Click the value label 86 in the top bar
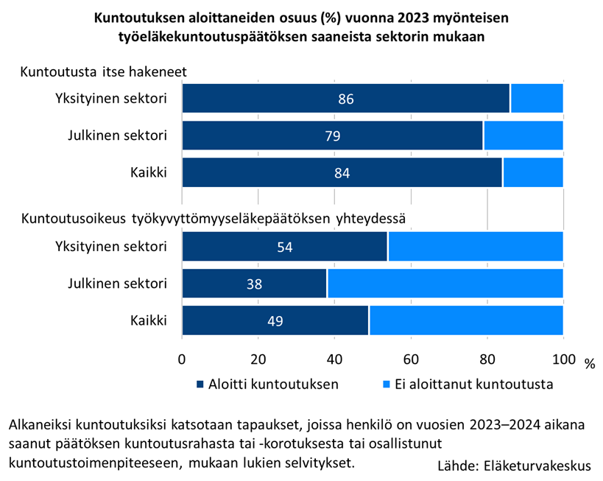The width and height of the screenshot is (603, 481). (x=346, y=99)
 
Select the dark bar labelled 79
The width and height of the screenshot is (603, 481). (x=295, y=136)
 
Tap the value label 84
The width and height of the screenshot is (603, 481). (x=341, y=173)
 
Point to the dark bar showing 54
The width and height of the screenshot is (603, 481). (x=243, y=246)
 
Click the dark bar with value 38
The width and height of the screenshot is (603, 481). (x=221, y=283)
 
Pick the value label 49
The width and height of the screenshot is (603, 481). (x=275, y=320)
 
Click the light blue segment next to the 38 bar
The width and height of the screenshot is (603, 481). (x=445, y=283)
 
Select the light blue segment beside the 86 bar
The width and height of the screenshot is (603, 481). (x=537, y=99)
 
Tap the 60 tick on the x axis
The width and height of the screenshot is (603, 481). (x=411, y=359)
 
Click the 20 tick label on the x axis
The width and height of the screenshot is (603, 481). (x=258, y=359)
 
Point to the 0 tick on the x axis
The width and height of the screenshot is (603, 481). (x=182, y=359)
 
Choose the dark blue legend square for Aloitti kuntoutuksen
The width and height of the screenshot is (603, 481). (x=200, y=385)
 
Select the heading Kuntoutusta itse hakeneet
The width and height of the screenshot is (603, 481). (x=102, y=72)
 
